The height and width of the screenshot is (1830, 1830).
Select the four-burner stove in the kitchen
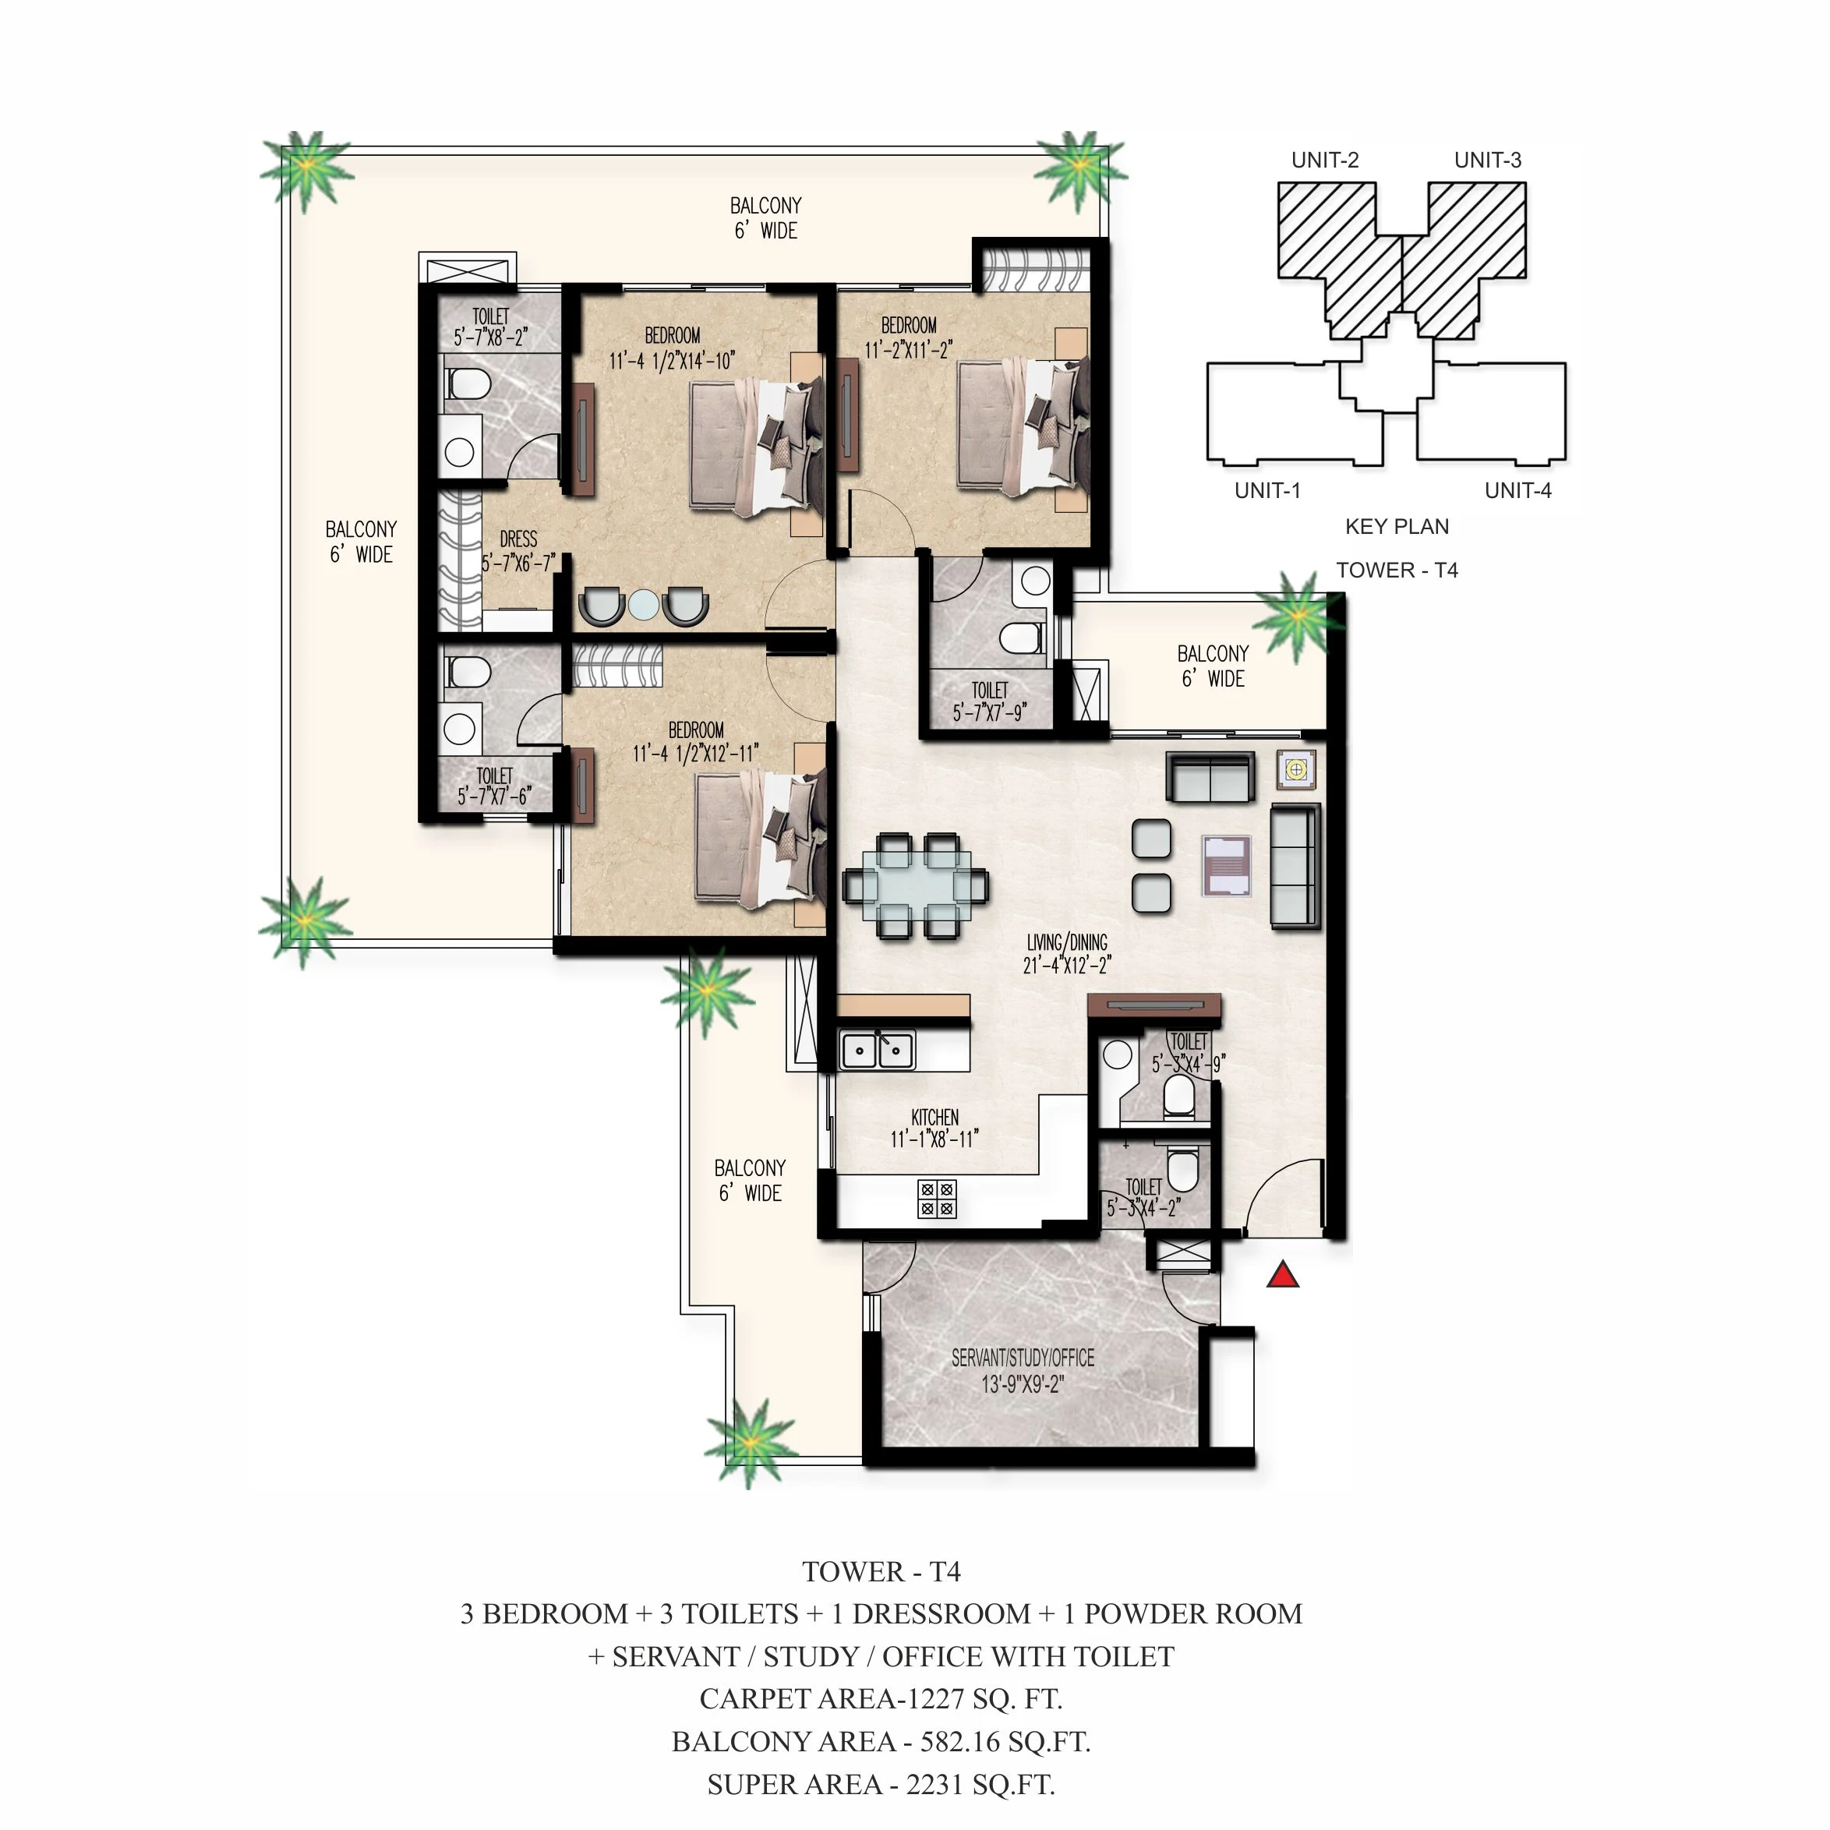point(937,1199)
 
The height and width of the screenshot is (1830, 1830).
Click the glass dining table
point(915,885)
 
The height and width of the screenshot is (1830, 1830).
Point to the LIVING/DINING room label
point(1066,942)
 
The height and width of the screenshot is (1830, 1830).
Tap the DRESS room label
point(518,539)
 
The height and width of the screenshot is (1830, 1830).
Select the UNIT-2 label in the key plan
point(1324,160)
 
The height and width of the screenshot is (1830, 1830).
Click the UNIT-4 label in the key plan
point(1517,491)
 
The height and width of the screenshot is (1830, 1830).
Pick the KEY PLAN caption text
point(1396,527)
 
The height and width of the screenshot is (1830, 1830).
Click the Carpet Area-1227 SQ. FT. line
point(881,1698)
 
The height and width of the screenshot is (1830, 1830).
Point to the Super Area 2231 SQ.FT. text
point(881,1785)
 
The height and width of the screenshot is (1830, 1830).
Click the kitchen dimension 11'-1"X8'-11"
point(934,1139)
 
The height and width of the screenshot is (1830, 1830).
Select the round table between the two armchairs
point(643,604)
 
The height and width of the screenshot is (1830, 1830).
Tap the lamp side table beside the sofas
point(1296,769)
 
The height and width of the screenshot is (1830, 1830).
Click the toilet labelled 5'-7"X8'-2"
point(489,327)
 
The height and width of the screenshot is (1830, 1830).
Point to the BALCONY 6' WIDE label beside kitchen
point(749,1180)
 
